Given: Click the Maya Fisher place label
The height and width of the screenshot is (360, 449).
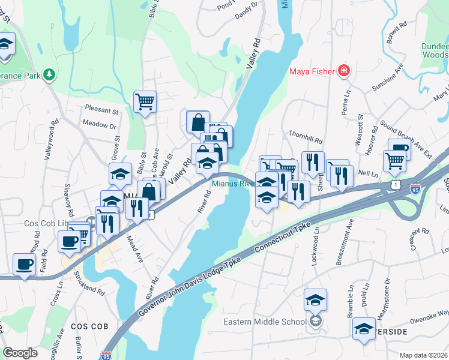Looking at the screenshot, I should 312,72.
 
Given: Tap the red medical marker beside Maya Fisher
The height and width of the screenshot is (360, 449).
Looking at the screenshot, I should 343,72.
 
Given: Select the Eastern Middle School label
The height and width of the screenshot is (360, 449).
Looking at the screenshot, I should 265,322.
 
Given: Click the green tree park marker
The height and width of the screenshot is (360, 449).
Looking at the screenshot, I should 49,76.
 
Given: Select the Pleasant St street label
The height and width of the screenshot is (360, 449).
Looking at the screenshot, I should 102,111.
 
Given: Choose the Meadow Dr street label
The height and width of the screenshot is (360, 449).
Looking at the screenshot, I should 99,126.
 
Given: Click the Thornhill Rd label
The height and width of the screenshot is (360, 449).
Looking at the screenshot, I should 306,135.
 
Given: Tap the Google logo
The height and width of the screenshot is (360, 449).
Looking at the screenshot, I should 20,353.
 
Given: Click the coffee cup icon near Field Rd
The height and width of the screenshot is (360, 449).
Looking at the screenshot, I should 24,263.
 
